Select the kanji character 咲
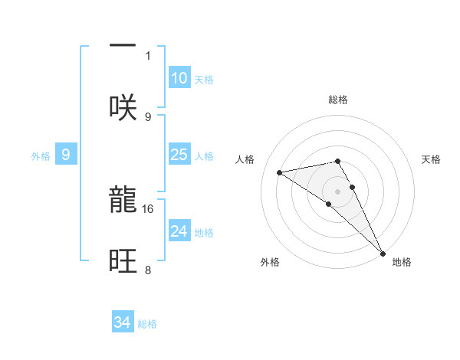(x=123, y=106)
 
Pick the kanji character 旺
(x=123, y=260)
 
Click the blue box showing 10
(x=179, y=78)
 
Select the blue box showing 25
(x=179, y=155)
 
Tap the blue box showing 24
(x=179, y=231)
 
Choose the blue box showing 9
(x=66, y=155)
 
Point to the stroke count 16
(x=149, y=208)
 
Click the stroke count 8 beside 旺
(x=148, y=270)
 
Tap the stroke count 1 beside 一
(x=148, y=55)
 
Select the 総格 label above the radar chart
(x=338, y=100)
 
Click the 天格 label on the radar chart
(x=432, y=159)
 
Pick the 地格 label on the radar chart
(x=402, y=262)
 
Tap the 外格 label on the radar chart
(x=270, y=262)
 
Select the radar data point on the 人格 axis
(x=280, y=172)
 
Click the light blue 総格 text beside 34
(x=147, y=324)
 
